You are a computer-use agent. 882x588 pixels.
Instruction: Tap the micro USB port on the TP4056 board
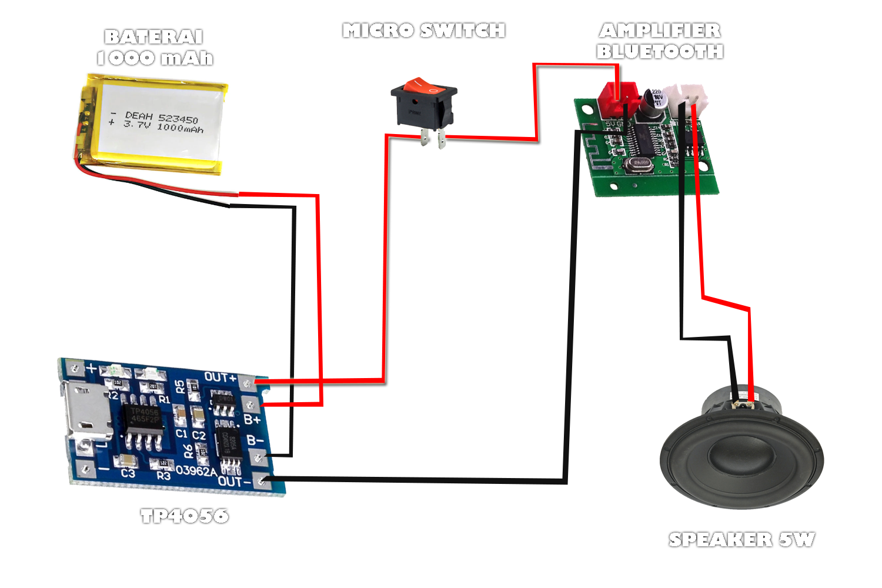click(x=88, y=412)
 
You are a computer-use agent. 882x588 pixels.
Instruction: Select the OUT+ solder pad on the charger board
click(x=248, y=384)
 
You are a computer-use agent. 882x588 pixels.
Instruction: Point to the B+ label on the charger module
click(x=252, y=420)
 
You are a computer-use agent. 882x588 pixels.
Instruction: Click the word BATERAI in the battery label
click(x=154, y=37)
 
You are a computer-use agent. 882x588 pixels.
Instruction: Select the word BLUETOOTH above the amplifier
click(x=660, y=52)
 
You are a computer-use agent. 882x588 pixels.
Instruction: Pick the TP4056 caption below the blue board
click(x=185, y=516)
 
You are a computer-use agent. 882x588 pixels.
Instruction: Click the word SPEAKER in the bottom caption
click(x=720, y=539)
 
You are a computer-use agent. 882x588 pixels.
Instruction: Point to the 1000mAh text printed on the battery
click(x=180, y=128)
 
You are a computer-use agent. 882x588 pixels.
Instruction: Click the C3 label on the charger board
click(x=128, y=473)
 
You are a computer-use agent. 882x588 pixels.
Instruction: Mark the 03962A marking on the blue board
click(x=196, y=471)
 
